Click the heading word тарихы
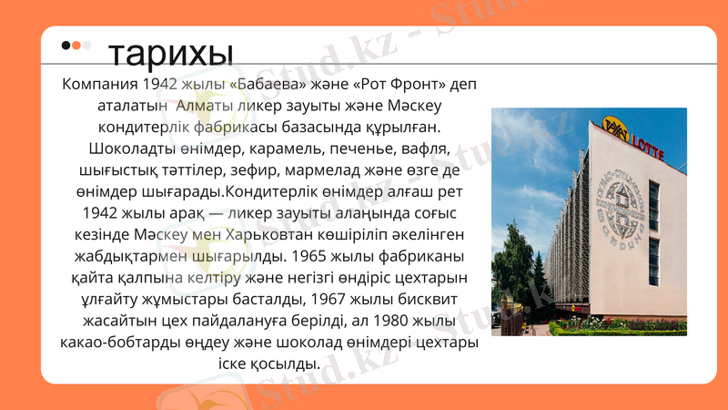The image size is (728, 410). [x=170, y=54]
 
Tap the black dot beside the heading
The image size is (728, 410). [x=66, y=46]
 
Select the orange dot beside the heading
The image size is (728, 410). [x=76, y=46]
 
